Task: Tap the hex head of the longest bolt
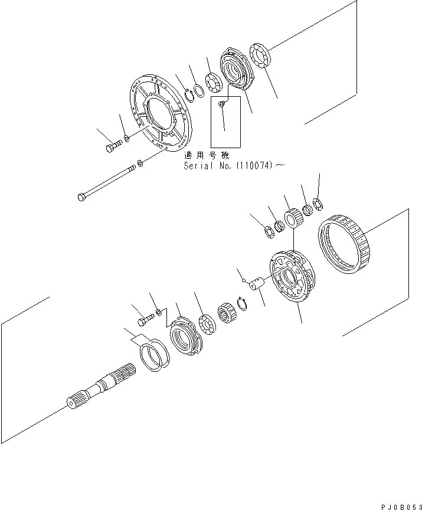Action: pos(82,196)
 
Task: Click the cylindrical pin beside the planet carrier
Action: pos(257,286)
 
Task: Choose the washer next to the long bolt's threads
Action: pos(139,162)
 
